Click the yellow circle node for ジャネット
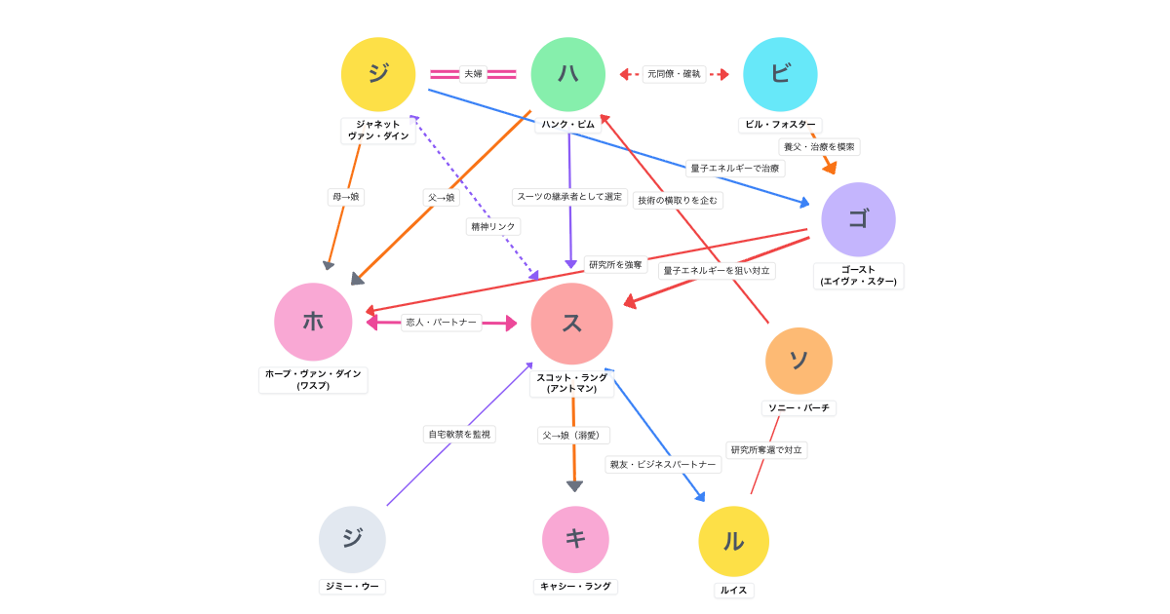pyautogui.click(x=378, y=74)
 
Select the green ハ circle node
pyautogui.click(x=568, y=74)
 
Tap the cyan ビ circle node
pyautogui.click(x=780, y=74)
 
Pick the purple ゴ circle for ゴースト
pyautogui.click(x=858, y=219)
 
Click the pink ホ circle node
pyautogui.click(x=313, y=322)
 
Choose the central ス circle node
pyautogui.click(x=572, y=324)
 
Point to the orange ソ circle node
pyautogui.click(x=799, y=361)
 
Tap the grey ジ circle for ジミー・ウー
pyautogui.click(x=352, y=539)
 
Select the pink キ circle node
pyautogui.click(x=575, y=539)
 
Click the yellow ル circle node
pyautogui.click(x=733, y=541)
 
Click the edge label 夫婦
pyautogui.click(x=473, y=74)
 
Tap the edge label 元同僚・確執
pyautogui.click(x=674, y=74)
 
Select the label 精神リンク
pyautogui.click(x=493, y=226)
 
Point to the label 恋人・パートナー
pyautogui.click(x=442, y=323)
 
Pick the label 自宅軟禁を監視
pyautogui.click(x=459, y=434)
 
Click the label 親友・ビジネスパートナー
pyautogui.click(x=663, y=465)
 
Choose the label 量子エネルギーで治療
pyautogui.click(x=735, y=169)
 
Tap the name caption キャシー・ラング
pyautogui.click(x=575, y=587)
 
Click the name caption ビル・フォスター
pyautogui.click(x=780, y=125)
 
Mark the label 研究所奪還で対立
pyautogui.click(x=766, y=450)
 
